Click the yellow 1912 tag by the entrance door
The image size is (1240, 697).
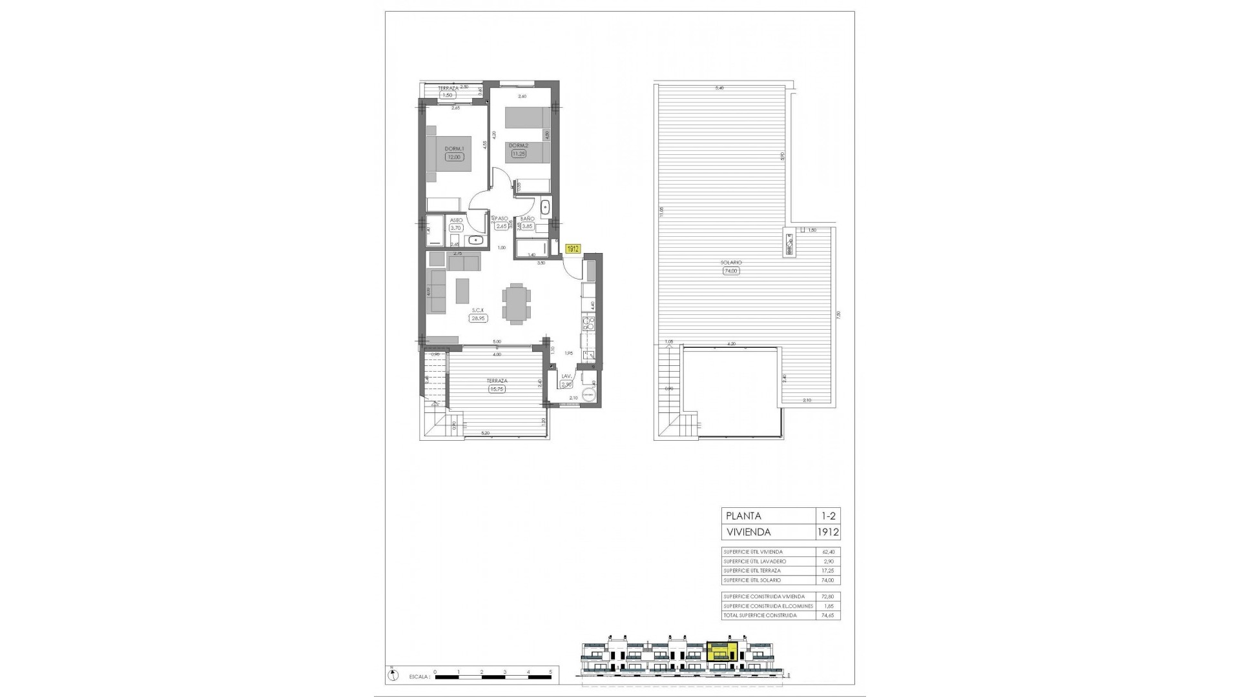tap(572, 248)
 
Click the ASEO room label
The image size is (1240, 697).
tap(455, 220)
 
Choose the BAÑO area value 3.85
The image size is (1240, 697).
tap(527, 227)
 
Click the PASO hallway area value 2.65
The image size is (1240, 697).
tap(502, 227)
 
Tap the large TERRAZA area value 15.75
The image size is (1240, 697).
tap(496, 389)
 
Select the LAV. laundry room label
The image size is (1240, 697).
tap(566, 376)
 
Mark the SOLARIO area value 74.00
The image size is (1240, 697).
tap(730, 271)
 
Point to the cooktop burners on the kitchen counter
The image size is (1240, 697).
tap(588, 323)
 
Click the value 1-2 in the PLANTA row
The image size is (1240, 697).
tap(827, 516)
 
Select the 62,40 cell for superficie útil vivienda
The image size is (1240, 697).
tap(827, 552)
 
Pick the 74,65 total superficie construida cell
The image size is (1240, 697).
tap(827, 616)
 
